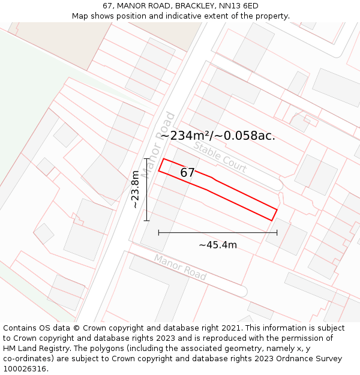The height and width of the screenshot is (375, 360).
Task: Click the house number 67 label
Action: tap(187, 173)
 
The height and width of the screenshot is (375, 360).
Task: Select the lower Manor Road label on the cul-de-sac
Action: tap(180, 267)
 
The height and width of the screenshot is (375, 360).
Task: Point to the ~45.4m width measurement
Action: tap(217, 245)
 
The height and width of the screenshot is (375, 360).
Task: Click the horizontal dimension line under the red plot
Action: tap(217, 232)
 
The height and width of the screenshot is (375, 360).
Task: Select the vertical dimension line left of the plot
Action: tap(146, 190)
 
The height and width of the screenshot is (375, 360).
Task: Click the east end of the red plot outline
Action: tap(274, 215)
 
